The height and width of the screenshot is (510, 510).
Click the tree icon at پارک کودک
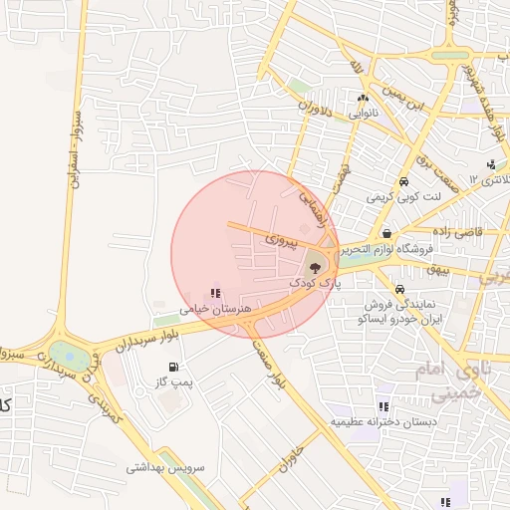pos(314,266)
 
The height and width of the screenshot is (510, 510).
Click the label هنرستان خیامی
pos(211,310)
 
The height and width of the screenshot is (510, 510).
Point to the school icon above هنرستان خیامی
pos(215,293)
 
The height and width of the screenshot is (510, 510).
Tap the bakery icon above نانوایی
pos(363,98)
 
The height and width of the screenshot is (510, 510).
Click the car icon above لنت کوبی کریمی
pos(403,182)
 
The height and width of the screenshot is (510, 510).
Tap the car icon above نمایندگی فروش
pos(399,290)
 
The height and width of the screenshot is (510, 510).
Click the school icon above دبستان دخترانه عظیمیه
pos(383,406)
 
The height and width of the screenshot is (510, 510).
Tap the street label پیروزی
pos(281,240)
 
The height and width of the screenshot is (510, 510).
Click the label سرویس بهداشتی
pos(165,466)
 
